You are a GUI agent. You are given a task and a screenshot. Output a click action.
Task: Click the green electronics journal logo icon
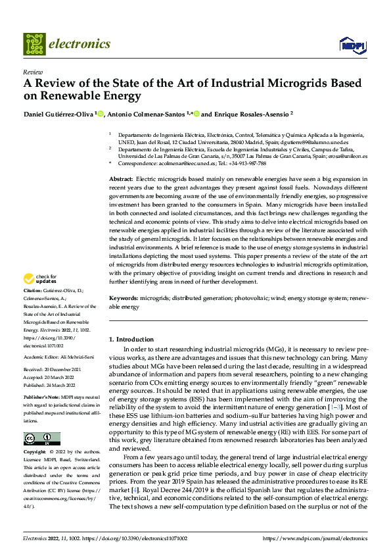coord(34,44)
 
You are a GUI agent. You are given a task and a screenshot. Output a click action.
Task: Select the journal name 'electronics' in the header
coord(80,44)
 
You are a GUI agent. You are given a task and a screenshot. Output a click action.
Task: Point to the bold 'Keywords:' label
coord(123,298)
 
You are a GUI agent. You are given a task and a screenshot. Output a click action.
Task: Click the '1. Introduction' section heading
coord(130,339)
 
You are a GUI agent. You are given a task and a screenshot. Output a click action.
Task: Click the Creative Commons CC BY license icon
coord(41,438)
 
